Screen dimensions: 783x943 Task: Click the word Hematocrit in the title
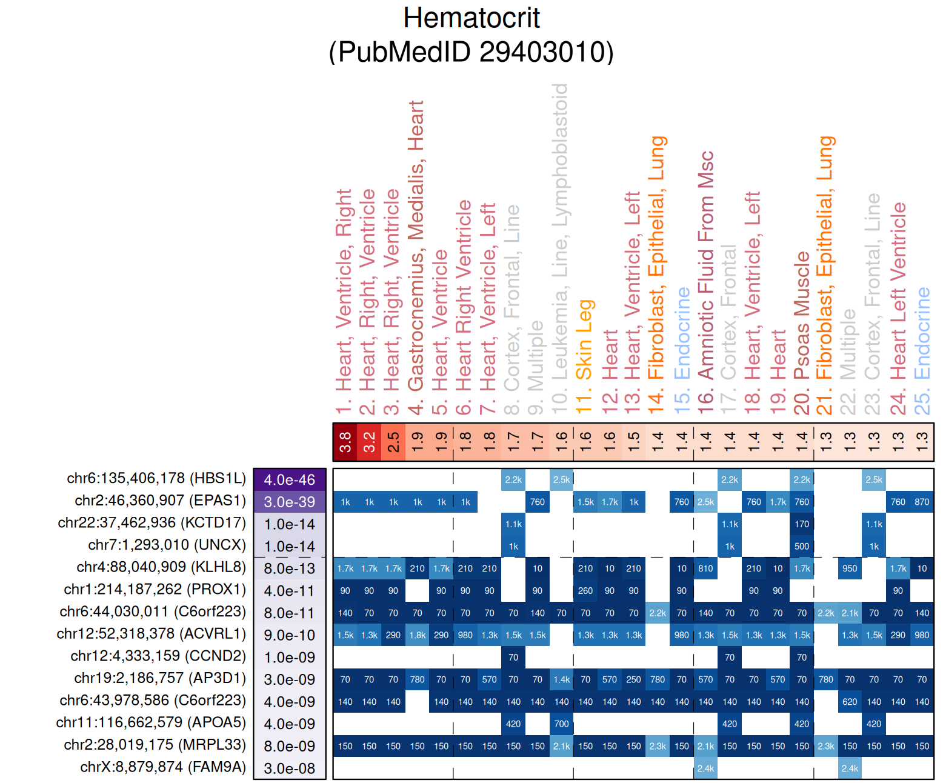coord(471,18)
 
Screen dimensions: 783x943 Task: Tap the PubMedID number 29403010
coord(546,52)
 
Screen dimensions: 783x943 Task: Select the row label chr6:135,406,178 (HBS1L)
coord(156,478)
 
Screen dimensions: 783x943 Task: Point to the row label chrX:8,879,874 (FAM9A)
coord(163,767)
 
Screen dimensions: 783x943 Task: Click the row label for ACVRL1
coord(152,634)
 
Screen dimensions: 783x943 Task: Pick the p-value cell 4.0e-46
coord(290,480)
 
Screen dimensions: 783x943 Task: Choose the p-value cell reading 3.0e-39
coord(290,502)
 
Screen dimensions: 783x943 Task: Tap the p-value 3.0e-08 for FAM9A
coord(290,768)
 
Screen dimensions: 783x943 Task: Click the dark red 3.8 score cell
coord(345,442)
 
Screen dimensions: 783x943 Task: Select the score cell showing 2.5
coord(393,442)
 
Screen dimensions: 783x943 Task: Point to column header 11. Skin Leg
coord(584,358)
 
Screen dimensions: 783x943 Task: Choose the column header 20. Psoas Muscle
coord(802,333)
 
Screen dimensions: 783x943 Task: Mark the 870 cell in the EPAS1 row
coord(922,502)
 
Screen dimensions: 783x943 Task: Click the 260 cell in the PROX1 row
coord(585,591)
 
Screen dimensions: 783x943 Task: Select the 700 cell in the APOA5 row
coord(562,724)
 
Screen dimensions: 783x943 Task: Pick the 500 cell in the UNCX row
coord(802,547)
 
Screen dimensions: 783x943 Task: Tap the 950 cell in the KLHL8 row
coord(850,568)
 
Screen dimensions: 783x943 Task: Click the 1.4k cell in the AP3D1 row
coord(562,679)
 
